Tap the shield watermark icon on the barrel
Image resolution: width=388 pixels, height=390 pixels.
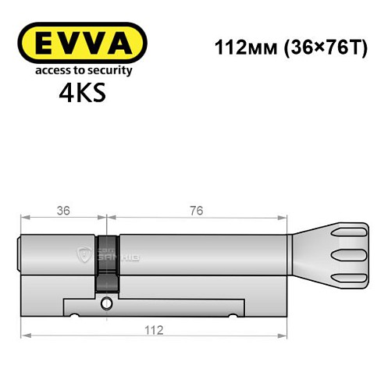tap(86, 253)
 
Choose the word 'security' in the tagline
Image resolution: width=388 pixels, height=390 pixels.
tap(112, 70)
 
